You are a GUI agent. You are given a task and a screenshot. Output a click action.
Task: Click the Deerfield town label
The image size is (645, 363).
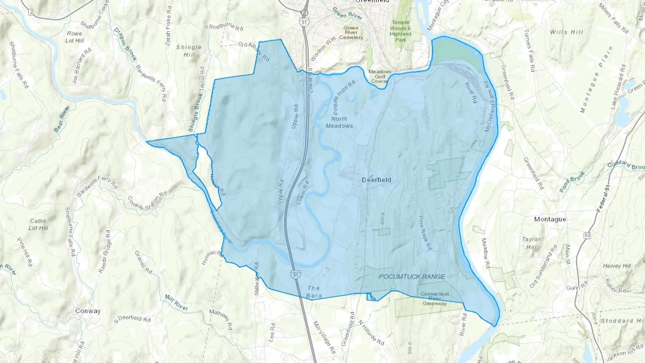pos(376,180)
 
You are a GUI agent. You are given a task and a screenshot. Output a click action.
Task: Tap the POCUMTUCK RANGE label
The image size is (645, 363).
pos(412,277)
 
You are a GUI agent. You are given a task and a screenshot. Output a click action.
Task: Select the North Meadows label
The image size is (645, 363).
pos(339,122)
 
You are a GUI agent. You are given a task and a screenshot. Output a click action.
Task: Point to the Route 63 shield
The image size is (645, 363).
pos(587,235)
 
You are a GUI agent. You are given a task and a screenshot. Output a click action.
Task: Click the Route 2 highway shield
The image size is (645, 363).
pos(31,13)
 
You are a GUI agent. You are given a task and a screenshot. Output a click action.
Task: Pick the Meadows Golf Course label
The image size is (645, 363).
pos(379,76)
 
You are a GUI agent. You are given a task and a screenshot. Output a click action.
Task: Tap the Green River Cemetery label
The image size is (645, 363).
pos(351,33)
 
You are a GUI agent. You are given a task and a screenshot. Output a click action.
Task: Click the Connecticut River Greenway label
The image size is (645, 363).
pos(435,298)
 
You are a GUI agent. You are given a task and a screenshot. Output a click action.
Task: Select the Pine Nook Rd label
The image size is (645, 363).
pos(425,233)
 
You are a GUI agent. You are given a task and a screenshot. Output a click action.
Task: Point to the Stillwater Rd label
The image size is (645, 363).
pos(257,279)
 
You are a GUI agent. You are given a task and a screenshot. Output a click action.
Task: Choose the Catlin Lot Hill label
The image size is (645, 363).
pos(38,224)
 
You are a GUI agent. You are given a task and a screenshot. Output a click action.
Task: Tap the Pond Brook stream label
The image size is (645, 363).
pos(572,182)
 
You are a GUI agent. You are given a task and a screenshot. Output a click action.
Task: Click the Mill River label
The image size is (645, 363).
pos(176,303)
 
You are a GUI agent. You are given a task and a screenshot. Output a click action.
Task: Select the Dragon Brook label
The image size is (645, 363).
pos(125,44)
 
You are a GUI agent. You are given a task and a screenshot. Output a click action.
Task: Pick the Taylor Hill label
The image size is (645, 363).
pos(531,243)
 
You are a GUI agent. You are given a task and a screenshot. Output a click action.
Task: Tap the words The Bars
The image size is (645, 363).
pos(314,292)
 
